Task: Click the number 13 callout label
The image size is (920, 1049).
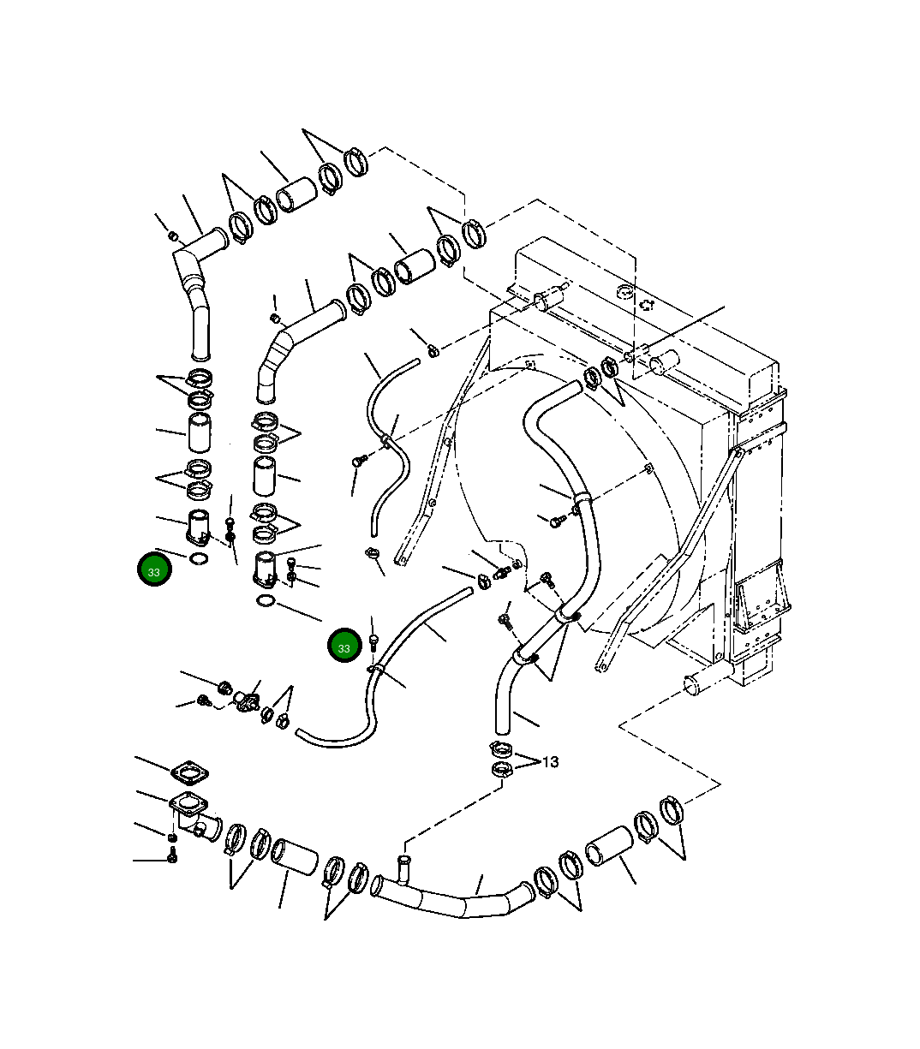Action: click(x=551, y=761)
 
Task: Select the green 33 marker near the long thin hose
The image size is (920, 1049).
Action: click(x=344, y=647)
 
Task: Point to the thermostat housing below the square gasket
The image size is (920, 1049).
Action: click(x=193, y=814)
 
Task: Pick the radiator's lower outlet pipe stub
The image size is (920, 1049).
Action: click(x=692, y=684)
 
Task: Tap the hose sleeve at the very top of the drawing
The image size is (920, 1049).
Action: click(x=296, y=194)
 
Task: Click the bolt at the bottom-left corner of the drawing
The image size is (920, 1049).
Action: click(x=172, y=855)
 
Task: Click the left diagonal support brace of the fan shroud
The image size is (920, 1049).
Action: click(x=433, y=480)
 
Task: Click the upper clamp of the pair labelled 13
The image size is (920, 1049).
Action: click(x=502, y=748)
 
